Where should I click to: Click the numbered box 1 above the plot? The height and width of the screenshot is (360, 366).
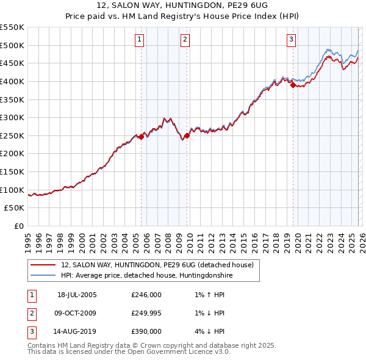tap(140, 40)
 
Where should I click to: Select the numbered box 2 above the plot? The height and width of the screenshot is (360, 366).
tap(185, 40)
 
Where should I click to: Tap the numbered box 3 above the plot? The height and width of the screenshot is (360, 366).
tap(291, 40)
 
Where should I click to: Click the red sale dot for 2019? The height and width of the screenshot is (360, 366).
tap(293, 85)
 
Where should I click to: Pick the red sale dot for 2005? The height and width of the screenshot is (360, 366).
tap(142, 137)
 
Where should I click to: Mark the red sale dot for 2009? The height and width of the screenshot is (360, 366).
tap(187, 136)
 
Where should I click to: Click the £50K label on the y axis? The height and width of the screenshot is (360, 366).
tap(15, 208)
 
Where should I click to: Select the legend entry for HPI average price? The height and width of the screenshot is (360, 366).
tap(146, 276)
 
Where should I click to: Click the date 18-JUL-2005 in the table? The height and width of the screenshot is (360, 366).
tap(77, 295)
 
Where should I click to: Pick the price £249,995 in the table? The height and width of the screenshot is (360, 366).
tap(146, 313)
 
